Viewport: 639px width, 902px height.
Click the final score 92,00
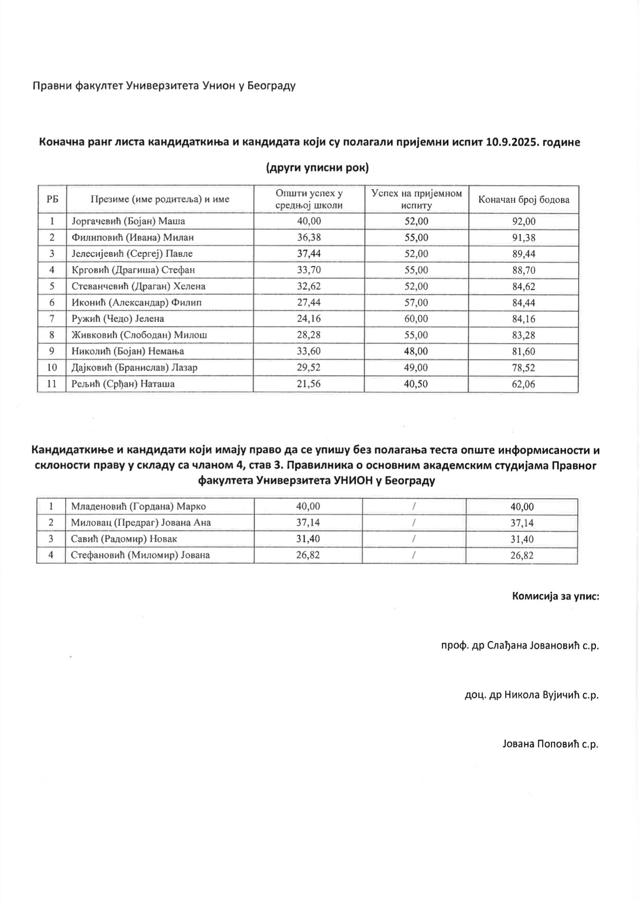(523, 222)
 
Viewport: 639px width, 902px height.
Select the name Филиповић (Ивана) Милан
(133, 238)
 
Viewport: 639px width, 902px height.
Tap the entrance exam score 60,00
(416, 319)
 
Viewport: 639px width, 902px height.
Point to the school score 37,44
(309, 254)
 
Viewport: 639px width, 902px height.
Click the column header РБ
(52, 199)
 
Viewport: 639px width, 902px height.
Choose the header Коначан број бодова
(523, 200)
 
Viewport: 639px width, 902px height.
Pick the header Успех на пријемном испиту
(416, 199)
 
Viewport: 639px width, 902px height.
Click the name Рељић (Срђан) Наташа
(123, 384)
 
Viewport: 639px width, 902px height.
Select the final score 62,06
(523, 384)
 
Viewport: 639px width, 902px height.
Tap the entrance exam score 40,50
(416, 384)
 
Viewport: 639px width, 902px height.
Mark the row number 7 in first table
(52, 319)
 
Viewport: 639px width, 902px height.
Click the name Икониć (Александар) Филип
(136, 303)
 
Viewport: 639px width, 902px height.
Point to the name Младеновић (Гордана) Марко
(138, 507)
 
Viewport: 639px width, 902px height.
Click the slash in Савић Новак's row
(414, 539)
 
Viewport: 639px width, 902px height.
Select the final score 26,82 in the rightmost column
(521, 556)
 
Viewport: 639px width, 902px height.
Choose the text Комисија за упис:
(555, 596)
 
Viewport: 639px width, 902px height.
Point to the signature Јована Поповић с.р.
(550, 744)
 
